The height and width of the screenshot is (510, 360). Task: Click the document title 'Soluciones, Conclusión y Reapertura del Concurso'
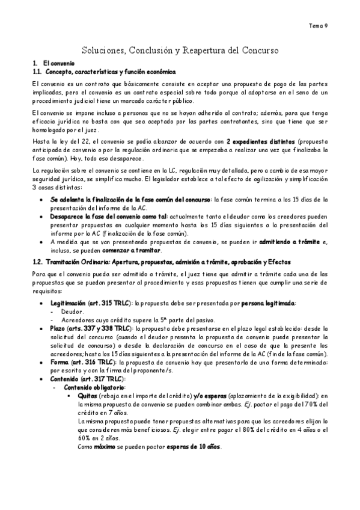point(180,51)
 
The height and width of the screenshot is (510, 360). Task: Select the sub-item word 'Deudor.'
point(73,312)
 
